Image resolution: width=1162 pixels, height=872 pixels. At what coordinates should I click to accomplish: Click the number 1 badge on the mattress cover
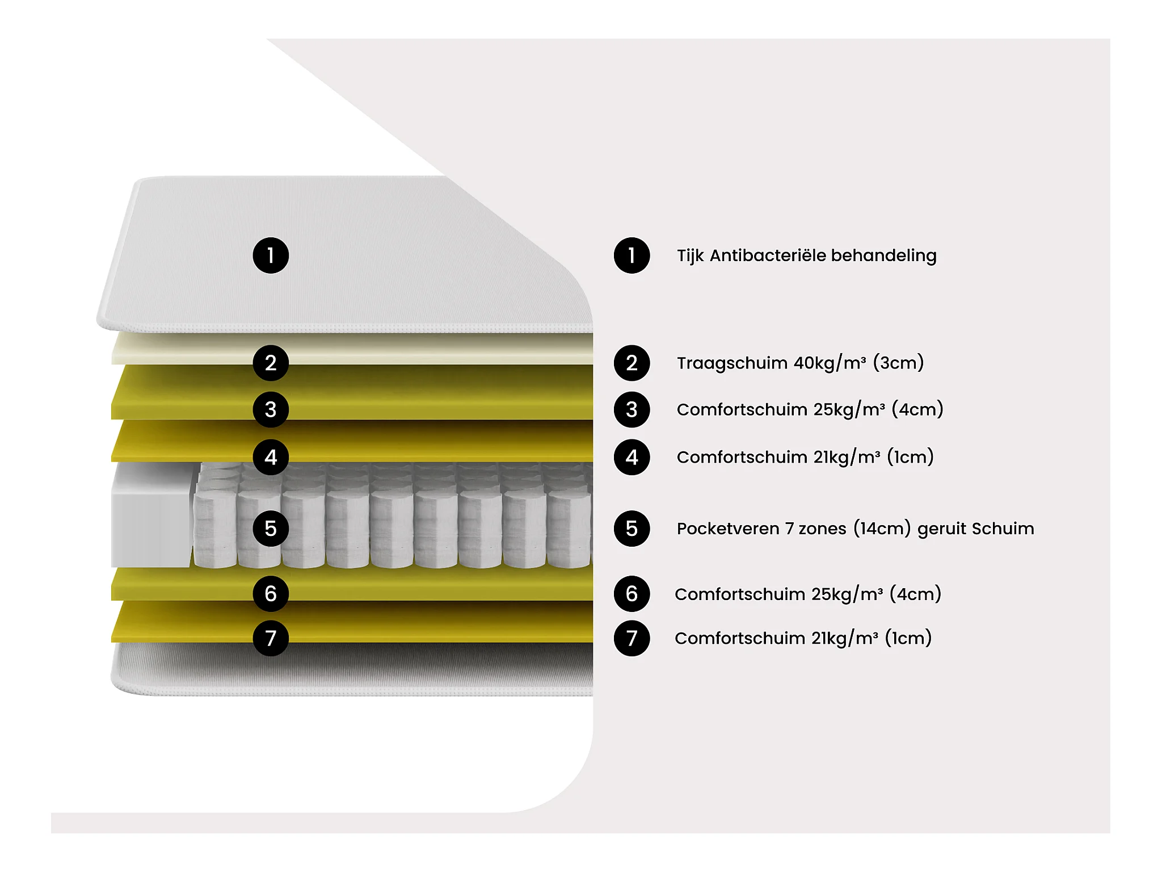[271, 255]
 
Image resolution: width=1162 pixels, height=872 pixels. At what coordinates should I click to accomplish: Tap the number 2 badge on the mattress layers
[271, 363]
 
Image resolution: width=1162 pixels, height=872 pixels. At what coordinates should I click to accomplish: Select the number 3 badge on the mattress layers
[271, 409]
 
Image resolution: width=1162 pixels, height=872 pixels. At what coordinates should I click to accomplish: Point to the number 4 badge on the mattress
[271, 457]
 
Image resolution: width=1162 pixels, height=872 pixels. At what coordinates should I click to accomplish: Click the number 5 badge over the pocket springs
[271, 529]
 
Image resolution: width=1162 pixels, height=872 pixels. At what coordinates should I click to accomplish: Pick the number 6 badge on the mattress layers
[271, 594]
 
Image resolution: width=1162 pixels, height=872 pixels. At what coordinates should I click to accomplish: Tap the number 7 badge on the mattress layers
[271, 638]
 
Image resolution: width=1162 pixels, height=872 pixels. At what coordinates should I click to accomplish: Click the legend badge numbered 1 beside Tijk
[631, 255]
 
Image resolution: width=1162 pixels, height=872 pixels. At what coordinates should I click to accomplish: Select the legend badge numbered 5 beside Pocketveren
[631, 529]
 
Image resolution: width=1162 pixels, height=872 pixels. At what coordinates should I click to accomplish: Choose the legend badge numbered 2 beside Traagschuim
[631, 363]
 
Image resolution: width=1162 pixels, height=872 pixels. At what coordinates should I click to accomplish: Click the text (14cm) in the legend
[882, 529]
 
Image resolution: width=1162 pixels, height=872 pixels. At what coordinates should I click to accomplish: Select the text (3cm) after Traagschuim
[898, 363]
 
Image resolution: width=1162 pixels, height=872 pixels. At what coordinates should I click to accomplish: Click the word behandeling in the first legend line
[883, 255]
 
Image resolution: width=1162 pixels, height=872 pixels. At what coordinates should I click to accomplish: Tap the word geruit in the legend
[941, 529]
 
